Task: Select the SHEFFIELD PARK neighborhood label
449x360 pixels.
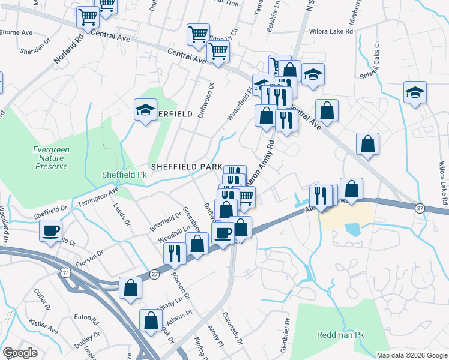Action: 187,166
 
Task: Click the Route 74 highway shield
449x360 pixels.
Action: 65,273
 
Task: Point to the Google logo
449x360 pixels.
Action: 20,353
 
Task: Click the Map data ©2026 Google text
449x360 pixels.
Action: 412,355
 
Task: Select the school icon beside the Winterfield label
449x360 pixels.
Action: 145,110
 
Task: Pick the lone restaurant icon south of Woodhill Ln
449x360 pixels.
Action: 175,253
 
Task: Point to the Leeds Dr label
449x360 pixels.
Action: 121,214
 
